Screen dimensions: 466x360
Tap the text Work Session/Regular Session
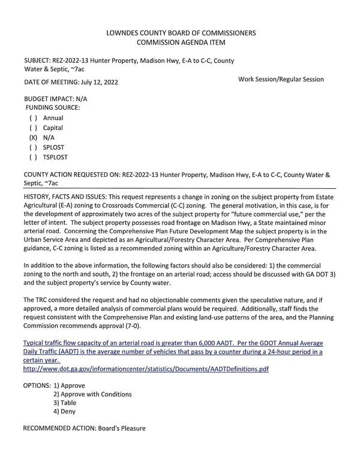coord(281,79)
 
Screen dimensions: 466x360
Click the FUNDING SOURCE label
coord(52,107)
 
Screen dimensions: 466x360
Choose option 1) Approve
coord(76,384)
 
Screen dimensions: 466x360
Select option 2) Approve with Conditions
coord(92,394)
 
